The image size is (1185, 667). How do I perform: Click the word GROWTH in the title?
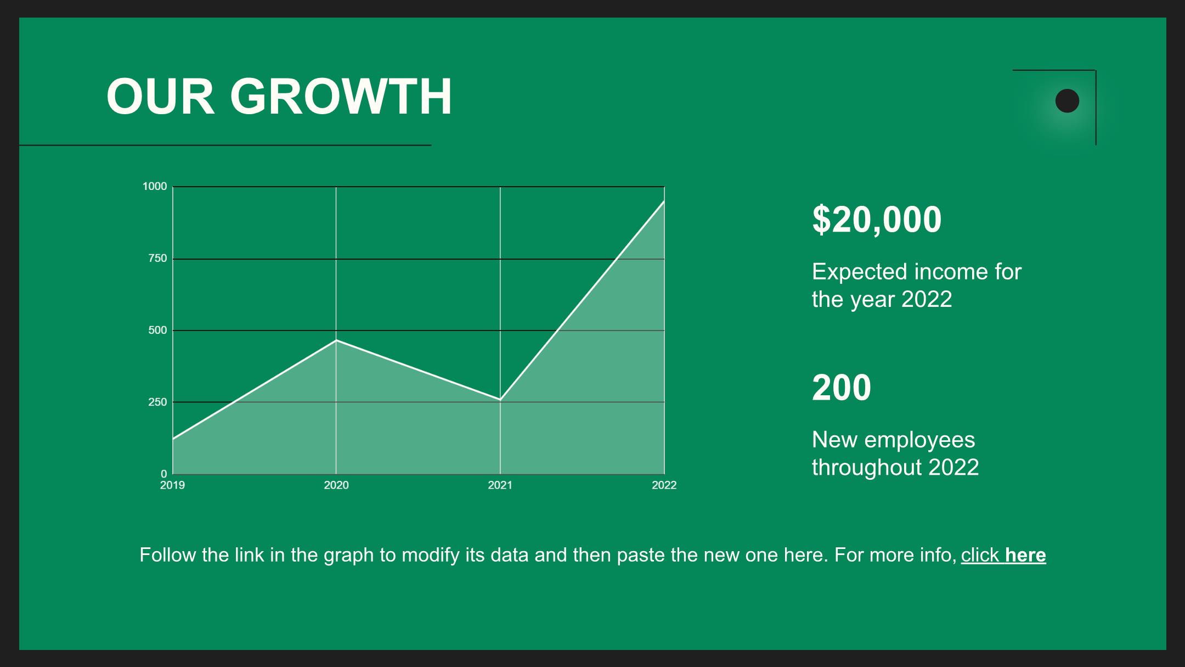[341, 97]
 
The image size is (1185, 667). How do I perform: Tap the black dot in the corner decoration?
[1067, 101]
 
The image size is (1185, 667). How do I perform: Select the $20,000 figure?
[877, 220]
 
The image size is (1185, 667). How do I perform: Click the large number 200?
[842, 388]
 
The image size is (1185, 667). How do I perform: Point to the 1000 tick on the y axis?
[155, 187]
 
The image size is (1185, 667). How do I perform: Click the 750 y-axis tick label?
[157, 259]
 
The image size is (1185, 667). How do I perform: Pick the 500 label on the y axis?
[157, 330]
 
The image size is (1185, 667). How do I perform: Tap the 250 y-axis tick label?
[157, 402]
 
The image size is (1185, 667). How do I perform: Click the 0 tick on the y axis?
[163, 474]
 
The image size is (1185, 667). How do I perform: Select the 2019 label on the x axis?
[172, 485]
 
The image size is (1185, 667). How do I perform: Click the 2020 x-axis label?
[336, 485]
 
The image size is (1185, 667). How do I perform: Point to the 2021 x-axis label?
[500, 485]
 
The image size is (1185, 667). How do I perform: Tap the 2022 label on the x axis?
[664, 485]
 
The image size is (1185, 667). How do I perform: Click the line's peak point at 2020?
[336, 340]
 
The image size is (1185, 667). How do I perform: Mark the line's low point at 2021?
[500, 400]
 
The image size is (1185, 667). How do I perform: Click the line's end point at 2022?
[664, 201]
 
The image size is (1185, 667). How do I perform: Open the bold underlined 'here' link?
[1025, 555]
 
